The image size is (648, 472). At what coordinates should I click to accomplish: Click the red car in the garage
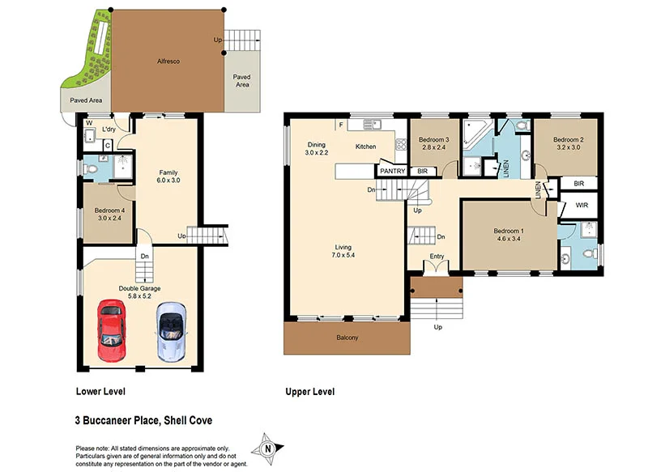(x=111, y=330)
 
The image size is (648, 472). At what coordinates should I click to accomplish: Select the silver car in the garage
(x=171, y=330)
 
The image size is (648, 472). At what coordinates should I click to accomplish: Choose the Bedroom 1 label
(x=512, y=231)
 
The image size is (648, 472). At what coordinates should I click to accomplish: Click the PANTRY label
(x=392, y=171)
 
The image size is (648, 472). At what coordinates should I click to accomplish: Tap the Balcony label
(x=347, y=338)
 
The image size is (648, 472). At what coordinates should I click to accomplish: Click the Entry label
(x=437, y=257)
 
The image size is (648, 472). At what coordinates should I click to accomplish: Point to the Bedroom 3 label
(x=433, y=140)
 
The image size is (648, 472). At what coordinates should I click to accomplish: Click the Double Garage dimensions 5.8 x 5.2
(x=140, y=296)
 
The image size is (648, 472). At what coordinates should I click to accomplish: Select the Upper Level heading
(x=309, y=392)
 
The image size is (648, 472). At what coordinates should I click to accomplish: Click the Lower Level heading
(x=100, y=392)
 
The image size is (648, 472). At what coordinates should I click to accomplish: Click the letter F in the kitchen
(x=342, y=125)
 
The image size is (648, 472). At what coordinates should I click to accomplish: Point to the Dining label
(x=316, y=144)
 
